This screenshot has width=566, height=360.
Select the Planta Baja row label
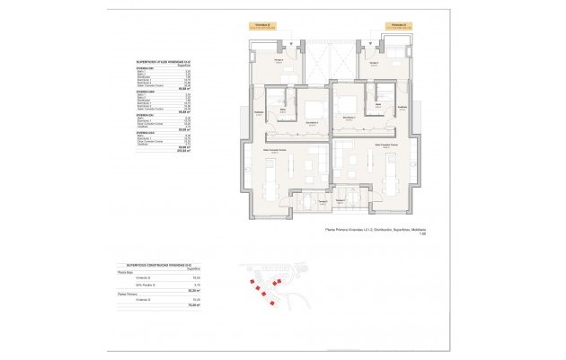[x=126, y=272]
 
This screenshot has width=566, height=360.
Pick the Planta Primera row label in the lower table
[x=128, y=293]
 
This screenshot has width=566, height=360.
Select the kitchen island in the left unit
[x=271, y=187]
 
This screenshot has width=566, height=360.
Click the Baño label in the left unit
[x=282, y=110]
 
